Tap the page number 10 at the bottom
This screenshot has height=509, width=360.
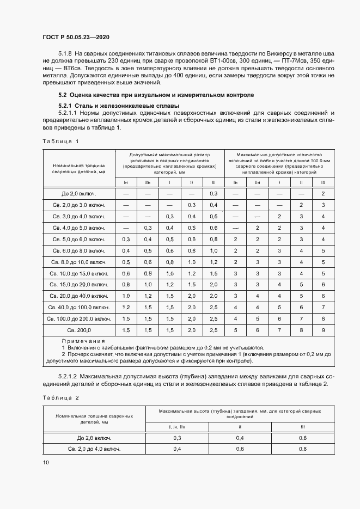click(46, 462)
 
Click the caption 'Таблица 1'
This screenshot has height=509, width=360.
click(60, 142)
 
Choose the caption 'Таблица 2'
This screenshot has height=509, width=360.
click(60, 397)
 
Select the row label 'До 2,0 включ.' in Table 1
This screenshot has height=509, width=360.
click(79, 194)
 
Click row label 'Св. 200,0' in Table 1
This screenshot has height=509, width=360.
click(79, 330)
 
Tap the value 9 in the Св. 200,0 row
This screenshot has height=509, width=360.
click(323, 330)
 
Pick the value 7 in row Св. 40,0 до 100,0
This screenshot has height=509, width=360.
click(323, 308)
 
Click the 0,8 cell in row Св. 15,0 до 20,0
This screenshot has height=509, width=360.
click(126, 285)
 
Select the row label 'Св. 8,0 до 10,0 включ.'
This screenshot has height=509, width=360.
click(79, 262)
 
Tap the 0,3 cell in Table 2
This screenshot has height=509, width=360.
click(177, 438)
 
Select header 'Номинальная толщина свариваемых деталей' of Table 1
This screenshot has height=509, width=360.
click(79, 168)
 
